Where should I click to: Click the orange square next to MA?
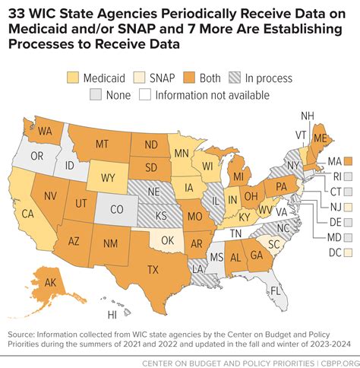click(349, 161)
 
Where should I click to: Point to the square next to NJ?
click(349, 206)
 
